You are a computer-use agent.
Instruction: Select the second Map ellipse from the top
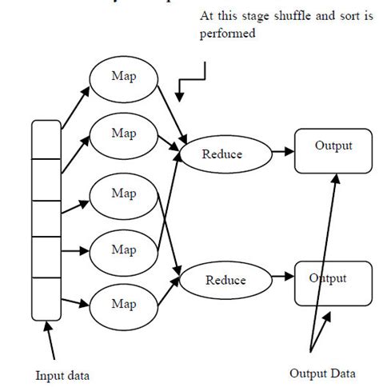click(x=123, y=133)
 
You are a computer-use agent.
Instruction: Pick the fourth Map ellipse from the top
click(x=123, y=250)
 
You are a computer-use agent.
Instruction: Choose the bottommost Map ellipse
click(x=123, y=304)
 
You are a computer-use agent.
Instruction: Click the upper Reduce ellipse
click(x=221, y=154)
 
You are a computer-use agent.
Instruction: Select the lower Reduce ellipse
click(x=225, y=281)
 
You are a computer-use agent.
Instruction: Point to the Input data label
click(x=62, y=375)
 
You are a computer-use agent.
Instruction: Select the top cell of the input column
click(x=46, y=139)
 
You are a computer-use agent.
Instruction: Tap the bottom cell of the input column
click(x=46, y=297)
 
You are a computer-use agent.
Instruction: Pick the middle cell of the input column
click(x=46, y=219)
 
